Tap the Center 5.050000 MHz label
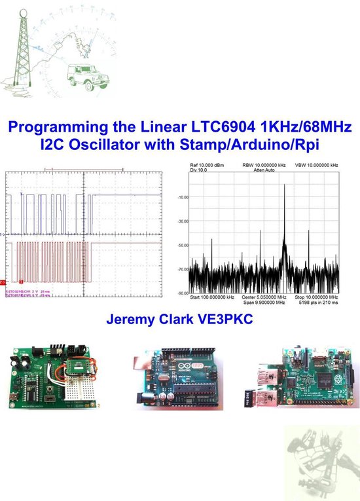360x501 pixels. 261,298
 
